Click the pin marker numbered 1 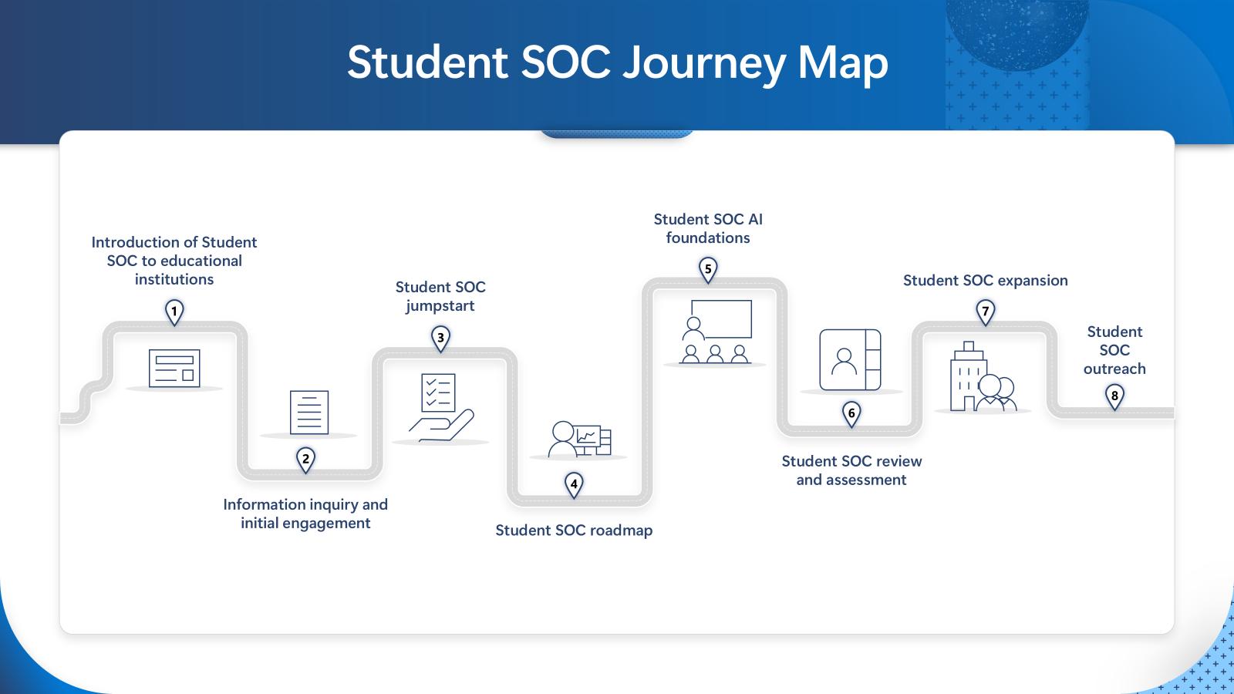coord(174,312)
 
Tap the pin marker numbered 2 coord(305,460)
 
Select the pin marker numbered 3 coord(440,339)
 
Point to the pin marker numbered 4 coord(574,485)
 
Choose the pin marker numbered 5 coord(708,270)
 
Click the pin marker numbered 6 coord(851,414)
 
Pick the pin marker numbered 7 coord(986,312)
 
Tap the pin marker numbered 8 coord(1114,397)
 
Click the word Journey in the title coord(705,63)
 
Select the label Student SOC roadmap coord(574,531)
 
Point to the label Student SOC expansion coord(986,281)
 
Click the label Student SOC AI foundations coord(708,228)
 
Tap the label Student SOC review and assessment coord(851,470)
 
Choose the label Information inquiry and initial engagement coord(305,514)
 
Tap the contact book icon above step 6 coord(850,360)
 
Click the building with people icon coord(983,376)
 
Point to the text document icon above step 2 coord(309,413)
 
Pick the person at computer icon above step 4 coord(579,439)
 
